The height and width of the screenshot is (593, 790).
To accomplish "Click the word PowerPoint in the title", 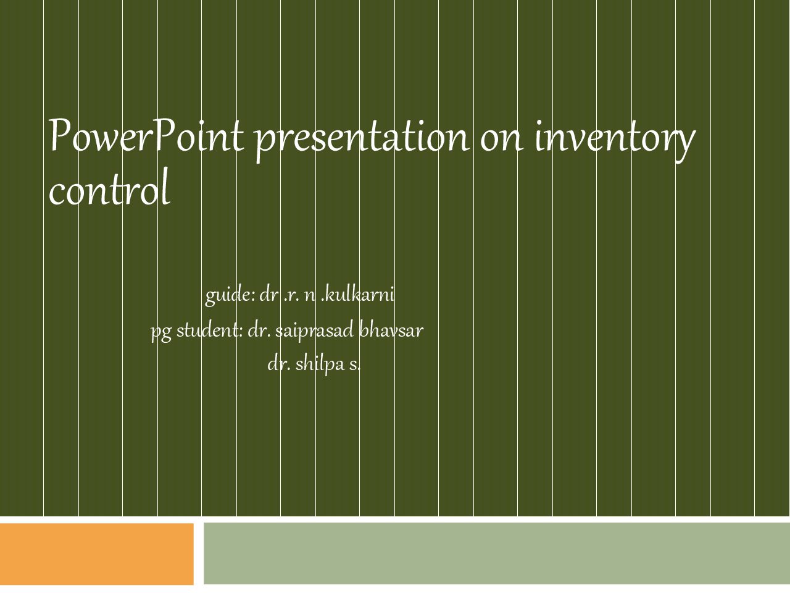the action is (x=146, y=135).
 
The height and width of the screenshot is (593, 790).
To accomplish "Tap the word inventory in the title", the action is (x=615, y=140).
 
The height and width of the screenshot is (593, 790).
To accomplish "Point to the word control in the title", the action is (x=109, y=187).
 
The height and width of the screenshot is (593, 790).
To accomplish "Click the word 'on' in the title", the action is (x=502, y=140).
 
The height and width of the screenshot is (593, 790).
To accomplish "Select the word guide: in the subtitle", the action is (x=230, y=296).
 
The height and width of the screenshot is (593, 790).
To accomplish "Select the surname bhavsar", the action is (x=391, y=329).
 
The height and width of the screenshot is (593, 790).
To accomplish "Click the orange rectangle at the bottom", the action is (x=97, y=553).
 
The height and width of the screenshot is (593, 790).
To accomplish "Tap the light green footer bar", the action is (x=497, y=553).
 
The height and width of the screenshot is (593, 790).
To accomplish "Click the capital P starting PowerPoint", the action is (x=60, y=135).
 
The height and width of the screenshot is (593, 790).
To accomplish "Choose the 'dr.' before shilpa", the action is (x=279, y=363).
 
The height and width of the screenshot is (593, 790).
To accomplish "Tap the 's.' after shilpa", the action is (x=354, y=365).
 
